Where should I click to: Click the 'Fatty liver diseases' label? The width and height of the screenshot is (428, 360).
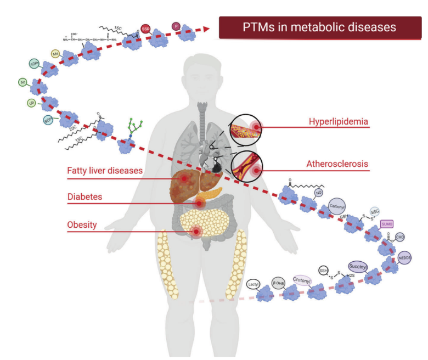click(105, 171)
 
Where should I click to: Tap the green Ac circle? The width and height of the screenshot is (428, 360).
click(23, 82)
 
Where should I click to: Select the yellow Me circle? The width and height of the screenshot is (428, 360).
click(55, 53)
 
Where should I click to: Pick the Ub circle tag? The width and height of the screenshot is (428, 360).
click(31, 103)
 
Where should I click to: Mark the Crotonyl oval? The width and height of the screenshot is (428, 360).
click(302, 280)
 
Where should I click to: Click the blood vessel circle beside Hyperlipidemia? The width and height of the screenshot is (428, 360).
click(246, 129)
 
